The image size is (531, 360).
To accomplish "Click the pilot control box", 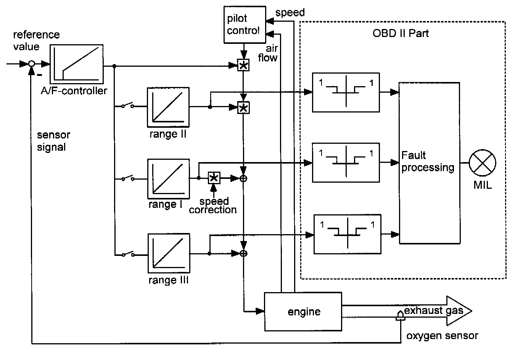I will (x=244, y=24).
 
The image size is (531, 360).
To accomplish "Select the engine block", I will (x=303, y=312).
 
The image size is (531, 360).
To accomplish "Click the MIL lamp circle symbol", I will (x=482, y=162).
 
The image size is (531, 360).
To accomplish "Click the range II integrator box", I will (x=168, y=107).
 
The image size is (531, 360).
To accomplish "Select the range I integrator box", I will (x=168, y=179).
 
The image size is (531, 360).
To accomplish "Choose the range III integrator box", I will (x=168, y=254).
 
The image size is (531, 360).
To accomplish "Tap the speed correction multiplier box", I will (x=214, y=178).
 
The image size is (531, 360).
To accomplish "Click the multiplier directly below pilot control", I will (x=243, y=66).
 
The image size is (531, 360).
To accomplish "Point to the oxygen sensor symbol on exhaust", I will (x=400, y=316).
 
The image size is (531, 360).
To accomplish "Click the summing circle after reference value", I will (x=32, y=64).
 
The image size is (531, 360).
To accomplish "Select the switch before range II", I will (x=127, y=106).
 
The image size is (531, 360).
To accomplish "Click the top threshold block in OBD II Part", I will (x=346, y=92).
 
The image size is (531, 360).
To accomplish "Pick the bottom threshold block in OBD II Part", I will (x=347, y=235).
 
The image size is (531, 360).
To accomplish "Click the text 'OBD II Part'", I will (x=401, y=33).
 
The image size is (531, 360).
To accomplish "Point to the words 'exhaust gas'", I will (x=433, y=310).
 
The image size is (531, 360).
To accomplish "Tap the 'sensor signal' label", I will (x=53, y=141).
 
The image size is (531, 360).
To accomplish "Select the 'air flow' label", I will (x=269, y=53).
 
